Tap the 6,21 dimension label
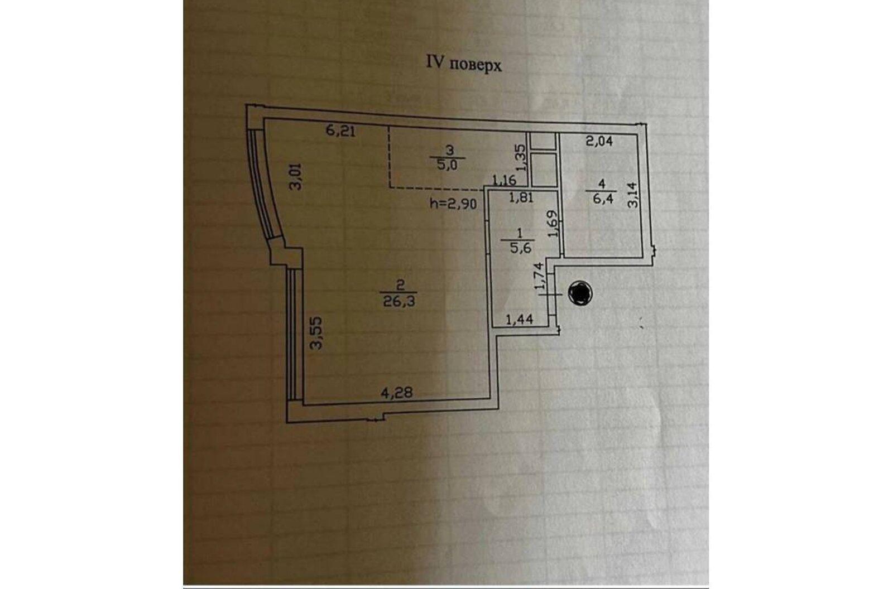coord(341,132)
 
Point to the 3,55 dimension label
coord(318,336)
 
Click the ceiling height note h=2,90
coord(453,204)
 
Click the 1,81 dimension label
coord(521,197)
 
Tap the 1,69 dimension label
coord(552,223)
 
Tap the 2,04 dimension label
coord(599,141)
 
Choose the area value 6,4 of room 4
coord(602,199)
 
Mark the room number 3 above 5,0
coord(450,149)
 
